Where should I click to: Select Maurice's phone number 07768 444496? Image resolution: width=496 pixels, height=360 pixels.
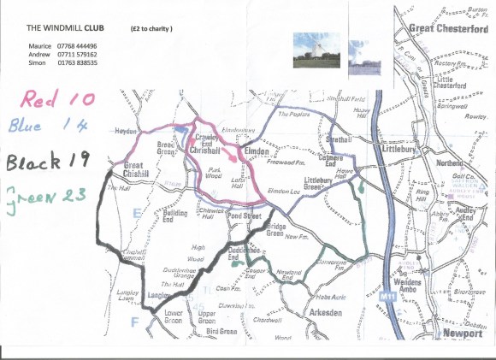77,45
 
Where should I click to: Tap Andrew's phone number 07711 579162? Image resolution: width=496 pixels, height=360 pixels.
77,54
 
